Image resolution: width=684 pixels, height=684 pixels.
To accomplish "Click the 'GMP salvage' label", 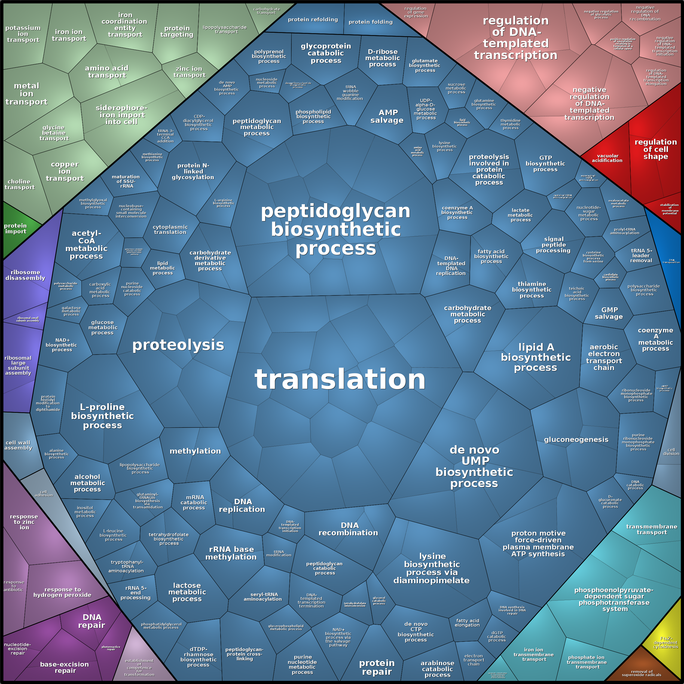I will (609, 313).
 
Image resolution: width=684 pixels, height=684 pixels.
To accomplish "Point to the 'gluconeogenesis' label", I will (576, 440).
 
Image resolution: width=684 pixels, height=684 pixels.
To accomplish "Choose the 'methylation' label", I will (195, 451).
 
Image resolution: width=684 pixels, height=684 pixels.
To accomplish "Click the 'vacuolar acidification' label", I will (607, 158).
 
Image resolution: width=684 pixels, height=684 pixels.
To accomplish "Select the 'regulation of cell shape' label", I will (656, 149).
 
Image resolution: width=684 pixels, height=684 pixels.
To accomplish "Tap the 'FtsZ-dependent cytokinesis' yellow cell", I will (665, 643).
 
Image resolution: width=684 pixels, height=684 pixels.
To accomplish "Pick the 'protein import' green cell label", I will (15, 228).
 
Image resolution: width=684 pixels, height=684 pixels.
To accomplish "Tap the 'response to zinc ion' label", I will (24, 522).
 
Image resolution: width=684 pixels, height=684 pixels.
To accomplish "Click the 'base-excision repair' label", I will (65, 667).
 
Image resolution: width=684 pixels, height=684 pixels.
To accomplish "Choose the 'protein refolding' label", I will (313, 20).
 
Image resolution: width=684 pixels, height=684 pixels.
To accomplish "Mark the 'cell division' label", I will (671, 452).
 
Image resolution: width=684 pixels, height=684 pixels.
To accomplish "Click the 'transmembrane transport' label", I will (651, 530).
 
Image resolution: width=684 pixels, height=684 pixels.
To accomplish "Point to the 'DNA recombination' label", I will (348, 529).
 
